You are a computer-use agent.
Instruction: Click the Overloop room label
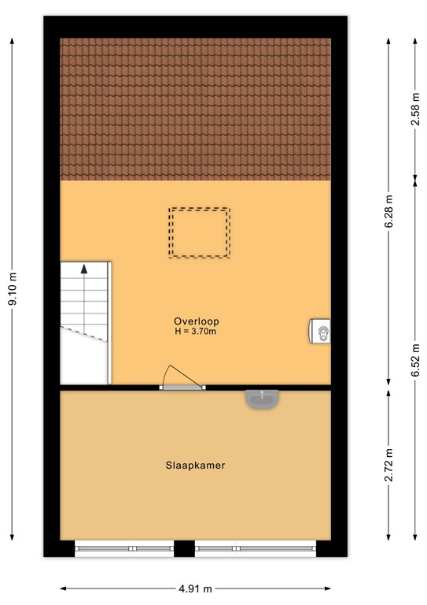pos(197,321)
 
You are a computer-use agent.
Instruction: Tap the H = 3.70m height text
pos(197,332)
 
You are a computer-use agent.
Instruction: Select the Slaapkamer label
pos(195,466)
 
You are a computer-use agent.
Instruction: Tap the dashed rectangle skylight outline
pos(200,232)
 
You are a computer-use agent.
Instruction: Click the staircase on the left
pos(85,323)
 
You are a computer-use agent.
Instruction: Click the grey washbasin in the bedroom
pos(261,399)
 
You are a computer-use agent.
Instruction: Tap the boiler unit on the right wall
pos(320,332)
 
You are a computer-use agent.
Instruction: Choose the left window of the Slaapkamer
pos(124,547)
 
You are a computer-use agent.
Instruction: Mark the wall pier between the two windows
pos(184,548)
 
